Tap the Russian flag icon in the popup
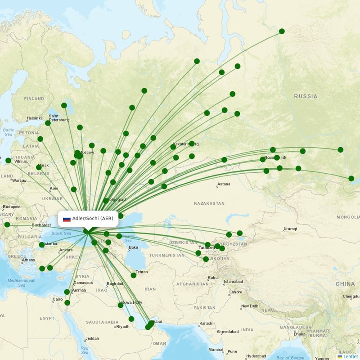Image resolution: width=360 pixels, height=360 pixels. tap(67, 219)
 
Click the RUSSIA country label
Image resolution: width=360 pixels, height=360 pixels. tap(306, 96)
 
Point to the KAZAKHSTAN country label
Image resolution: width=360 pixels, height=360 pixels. tap(209, 203)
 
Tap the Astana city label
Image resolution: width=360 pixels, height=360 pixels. tap(224, 184)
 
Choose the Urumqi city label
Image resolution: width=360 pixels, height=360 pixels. tap(290, 229)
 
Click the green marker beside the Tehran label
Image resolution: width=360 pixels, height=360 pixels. tap(133, 275)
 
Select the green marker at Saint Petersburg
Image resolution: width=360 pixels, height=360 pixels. tap(48, 123)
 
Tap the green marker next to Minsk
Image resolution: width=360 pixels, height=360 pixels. tap(39, 167)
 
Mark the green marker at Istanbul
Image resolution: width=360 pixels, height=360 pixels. tap(42, 245)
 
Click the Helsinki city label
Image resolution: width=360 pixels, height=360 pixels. tap(34, 118)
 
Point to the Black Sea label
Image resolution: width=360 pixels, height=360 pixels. tap(61, 234)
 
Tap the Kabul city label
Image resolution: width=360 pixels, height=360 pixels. tap(213, 278)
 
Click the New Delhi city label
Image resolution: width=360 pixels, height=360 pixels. tap(250, 306)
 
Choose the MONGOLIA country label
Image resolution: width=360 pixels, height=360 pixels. tap(348, 217)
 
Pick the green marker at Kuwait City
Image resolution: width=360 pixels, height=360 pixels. tap(121, 305)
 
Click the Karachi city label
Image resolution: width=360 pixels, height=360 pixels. tap(207, 324)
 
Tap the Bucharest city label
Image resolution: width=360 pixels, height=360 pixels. tap(40, 225)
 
